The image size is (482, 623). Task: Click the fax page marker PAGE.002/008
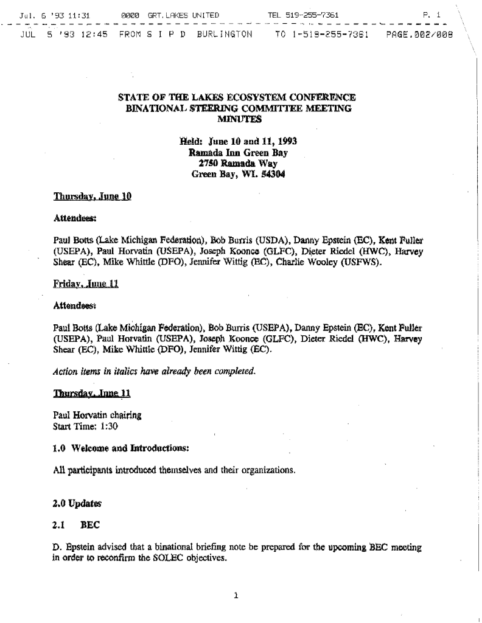420,34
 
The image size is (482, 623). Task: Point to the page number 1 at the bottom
236,595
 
